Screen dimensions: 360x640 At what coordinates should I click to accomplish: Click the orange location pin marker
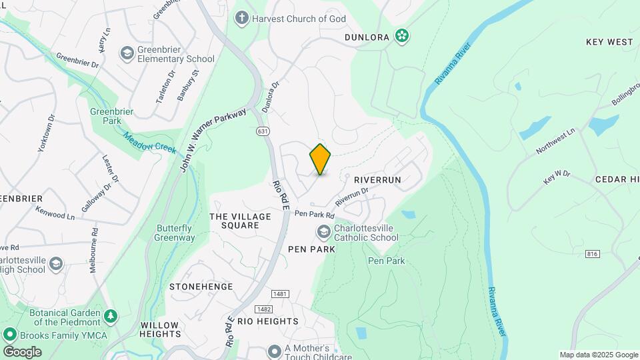click(321, 159)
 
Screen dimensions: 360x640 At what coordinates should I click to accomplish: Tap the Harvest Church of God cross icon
click(241, 18)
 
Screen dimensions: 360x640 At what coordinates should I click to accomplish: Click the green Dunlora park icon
click(402, 36)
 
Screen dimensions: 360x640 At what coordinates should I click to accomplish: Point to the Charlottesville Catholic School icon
click(324, 232)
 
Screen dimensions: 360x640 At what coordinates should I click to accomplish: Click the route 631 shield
click(263, 131)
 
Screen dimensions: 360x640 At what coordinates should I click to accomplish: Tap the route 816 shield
click(592, 254)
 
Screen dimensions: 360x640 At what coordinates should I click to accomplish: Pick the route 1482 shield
click(263, 309)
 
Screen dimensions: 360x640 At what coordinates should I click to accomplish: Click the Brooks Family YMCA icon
click(10, 335)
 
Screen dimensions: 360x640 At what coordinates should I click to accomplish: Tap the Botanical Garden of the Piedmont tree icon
click(111, 314)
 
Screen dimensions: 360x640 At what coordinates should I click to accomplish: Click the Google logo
click(22, 351)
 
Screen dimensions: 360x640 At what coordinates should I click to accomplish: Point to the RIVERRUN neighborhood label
click(377, 180)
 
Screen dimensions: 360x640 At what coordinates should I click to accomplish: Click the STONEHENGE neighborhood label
click(201, 287)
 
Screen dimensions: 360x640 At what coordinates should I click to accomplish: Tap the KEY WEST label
click(609, 41)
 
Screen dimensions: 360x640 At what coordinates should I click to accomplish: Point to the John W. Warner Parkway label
click(213, 139)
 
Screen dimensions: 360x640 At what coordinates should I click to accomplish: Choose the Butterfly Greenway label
click(175, 233)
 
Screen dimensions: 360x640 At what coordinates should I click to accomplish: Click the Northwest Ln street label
click(555, 143)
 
